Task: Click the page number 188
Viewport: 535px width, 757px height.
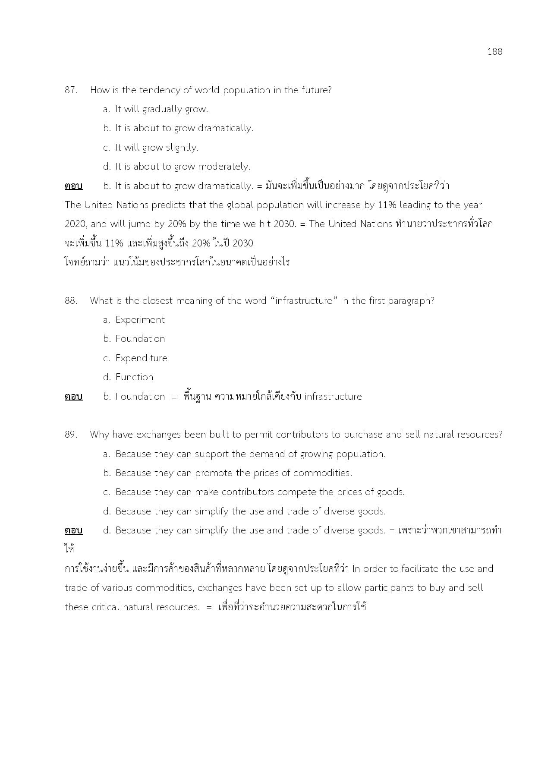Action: pyautogui.click(x=494, y=52)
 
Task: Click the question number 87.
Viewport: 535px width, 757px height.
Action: pyautogui.click(x=71, y=90)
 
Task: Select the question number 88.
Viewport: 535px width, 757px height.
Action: pyautogui.click(x=71, y=301)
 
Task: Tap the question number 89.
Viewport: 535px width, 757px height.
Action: pyautogui.click(x=71, y=435)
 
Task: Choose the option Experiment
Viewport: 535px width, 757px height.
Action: pyautogui.click(x=140, y=320)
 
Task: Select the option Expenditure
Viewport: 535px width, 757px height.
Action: pyautogui.click(x=141, y=358)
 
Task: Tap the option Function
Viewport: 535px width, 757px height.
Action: pyautogui.click(x=134, y=377)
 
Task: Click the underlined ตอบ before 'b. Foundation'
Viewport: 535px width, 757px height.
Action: pyautogui.click(x=73, y=397)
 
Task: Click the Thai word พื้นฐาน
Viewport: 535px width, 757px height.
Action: pyautogui.click(x=197, y=397)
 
